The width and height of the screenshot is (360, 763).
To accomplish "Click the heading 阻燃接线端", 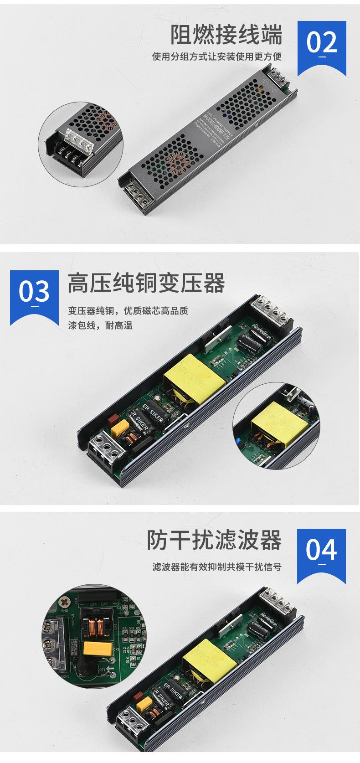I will point(226,35).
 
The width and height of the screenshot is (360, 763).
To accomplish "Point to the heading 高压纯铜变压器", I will point(146,283).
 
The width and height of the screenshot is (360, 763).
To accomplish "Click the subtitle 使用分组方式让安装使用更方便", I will point(217,57).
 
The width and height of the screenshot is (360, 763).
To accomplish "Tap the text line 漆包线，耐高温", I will point(100,326).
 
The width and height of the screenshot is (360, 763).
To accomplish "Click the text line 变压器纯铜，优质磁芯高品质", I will point(128,312).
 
